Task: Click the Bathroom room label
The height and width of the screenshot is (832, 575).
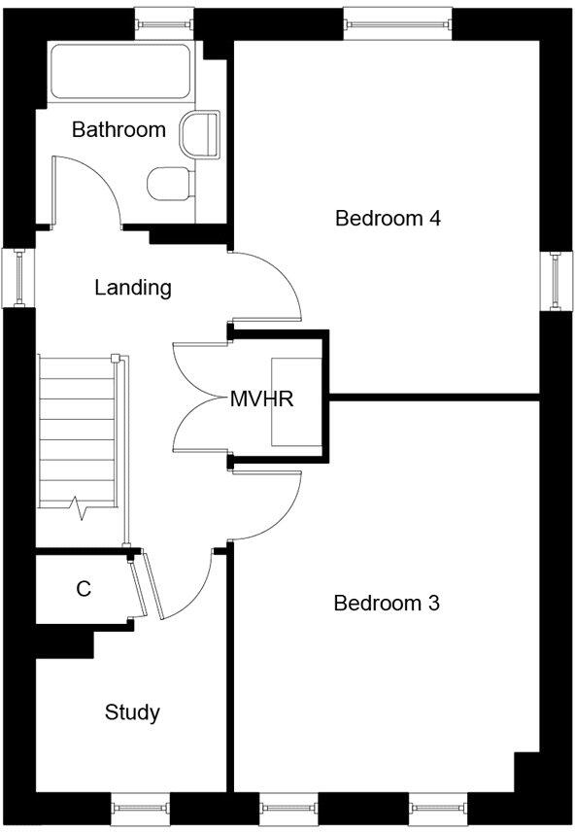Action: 118,129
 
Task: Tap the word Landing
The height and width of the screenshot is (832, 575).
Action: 133,288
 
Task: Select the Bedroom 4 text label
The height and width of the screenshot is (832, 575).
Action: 388,219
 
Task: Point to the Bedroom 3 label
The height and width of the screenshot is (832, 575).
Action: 387,604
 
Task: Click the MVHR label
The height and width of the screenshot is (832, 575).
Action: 262,399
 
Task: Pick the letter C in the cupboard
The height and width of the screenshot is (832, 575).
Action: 85,589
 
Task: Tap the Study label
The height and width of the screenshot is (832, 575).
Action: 132,713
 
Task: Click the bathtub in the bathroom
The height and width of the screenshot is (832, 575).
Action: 118,71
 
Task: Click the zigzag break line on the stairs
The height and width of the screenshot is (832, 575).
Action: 77,506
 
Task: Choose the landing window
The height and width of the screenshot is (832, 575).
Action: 17,279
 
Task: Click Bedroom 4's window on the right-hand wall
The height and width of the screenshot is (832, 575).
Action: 557,280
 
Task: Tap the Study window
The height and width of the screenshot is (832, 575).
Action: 140,810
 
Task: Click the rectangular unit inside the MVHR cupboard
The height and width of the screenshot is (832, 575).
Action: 296,399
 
